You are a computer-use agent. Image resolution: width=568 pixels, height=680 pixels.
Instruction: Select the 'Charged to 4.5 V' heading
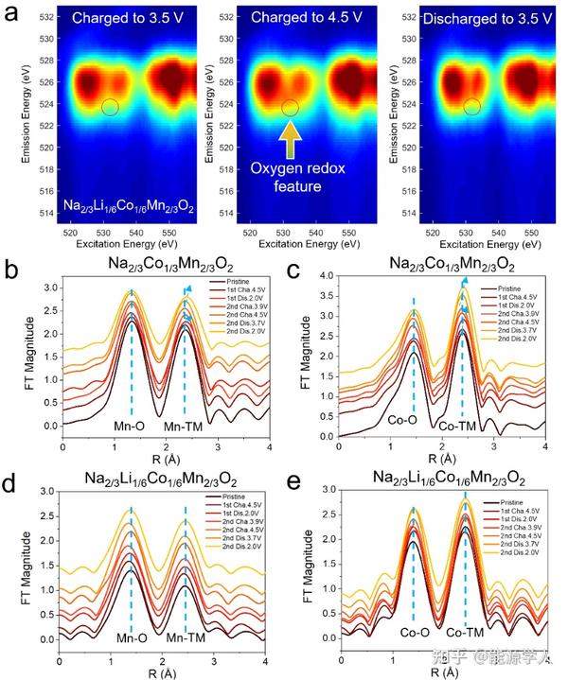click(296, 18)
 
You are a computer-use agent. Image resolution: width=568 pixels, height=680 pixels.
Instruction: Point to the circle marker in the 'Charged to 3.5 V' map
click(110, 107)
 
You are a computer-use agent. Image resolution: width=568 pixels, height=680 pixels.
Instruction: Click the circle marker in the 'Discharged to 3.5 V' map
click(470, 107)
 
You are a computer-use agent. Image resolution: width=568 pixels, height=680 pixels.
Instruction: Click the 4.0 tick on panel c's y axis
click(323, 275)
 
